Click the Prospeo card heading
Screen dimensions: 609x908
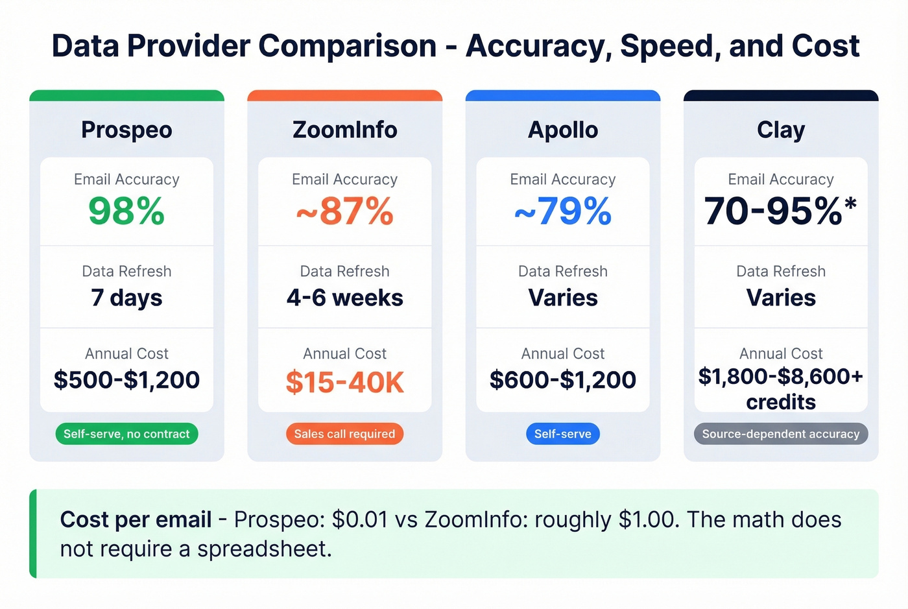tap(126, 130)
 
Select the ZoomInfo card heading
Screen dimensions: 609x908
tap(344, 130)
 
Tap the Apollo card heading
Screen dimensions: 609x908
tap(563, 130)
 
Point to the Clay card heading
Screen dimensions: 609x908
tap(781, 130)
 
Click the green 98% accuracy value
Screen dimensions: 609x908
tap(126, 211)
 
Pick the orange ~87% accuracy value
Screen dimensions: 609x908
tap(344, 211)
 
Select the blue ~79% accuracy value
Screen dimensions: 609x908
tap(563, 211)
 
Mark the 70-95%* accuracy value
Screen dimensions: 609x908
tap(780, 211)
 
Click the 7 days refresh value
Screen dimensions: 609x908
tap(126, 298)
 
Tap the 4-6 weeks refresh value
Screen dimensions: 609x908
tap(344, 298)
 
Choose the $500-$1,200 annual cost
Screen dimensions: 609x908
tap(126, 380)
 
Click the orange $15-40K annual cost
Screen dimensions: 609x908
tap(344, 382)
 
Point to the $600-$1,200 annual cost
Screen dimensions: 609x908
tap(563, 380)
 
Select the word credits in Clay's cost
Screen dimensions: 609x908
tap(781, 402)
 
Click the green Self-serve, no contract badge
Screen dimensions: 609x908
tap(126, 434)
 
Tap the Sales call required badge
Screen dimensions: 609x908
tap(344, 434)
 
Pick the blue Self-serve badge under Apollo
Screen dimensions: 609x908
tap(563, 434)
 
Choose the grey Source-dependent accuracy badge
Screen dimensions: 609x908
tap(781, 434)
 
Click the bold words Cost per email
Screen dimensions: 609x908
tap(136, 519)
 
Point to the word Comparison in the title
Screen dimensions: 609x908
tap(347, 46)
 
